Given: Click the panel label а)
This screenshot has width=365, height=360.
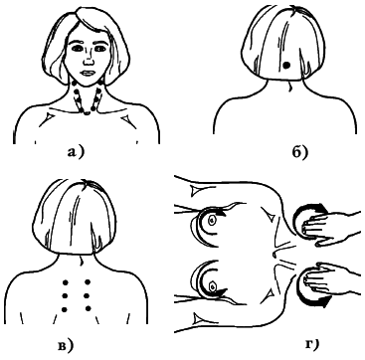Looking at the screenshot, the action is click(x=75, y=152).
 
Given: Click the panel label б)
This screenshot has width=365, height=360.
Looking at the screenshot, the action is click(x=300, y=152).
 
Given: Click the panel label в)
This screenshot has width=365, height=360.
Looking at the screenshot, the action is click(x=65, y=345).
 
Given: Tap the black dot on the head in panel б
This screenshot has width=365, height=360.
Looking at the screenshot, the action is click(x=287, y=66).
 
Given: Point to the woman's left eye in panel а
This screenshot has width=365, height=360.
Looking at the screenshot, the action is click(x=99, y=49).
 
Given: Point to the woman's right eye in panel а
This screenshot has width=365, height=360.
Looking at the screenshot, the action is click(x=78, y=49).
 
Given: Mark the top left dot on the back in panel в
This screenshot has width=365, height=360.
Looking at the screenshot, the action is click(x=66, y=282).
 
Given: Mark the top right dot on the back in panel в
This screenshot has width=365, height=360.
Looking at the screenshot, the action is click(x=88, y=282).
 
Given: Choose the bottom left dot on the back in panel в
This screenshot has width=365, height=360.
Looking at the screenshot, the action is click(x=65, y=309).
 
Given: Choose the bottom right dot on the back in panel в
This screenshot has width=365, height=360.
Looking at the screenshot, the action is click(x=88, y=308).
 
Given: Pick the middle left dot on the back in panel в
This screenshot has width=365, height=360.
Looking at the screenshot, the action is click(x=65, y=295).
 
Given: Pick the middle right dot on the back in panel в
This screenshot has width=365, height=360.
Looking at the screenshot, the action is click(x=88, y=295).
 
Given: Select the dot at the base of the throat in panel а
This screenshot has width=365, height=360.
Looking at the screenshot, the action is click(x=87, y=113).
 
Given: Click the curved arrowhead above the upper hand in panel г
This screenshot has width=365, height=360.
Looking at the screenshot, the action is click(x=320, y=209).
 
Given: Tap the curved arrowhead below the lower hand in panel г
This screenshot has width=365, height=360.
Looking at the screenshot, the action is click(x=323, y=302).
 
